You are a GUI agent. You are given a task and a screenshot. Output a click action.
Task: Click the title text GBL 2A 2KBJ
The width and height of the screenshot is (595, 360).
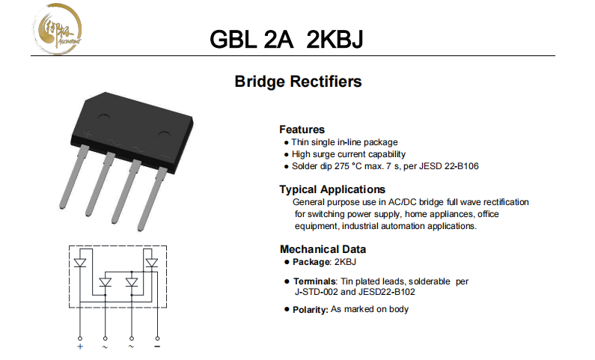tap(287, 40)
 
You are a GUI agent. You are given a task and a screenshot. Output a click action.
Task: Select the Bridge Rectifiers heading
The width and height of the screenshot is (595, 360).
tap(298, 82)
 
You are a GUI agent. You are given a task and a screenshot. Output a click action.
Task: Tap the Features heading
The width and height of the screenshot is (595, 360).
tap(302, 129)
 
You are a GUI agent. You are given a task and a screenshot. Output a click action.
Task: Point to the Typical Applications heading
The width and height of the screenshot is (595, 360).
tap(332, 189)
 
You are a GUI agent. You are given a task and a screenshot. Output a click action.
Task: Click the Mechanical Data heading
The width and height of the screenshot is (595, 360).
tap(323, 249)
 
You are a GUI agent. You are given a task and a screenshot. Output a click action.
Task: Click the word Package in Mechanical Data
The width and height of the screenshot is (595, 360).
tap(311, 262)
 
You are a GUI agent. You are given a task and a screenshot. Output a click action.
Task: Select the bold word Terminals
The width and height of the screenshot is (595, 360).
tap(315, 281)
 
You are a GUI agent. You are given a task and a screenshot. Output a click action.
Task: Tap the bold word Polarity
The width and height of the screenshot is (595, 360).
tap(310, 310)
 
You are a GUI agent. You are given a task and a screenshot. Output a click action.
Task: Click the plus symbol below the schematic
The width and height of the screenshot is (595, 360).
tap(79, 346)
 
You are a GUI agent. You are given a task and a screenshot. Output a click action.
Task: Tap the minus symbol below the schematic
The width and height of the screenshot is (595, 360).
tap(157, 346)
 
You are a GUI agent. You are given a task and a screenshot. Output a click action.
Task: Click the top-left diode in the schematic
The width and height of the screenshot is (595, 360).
tap(80, 262)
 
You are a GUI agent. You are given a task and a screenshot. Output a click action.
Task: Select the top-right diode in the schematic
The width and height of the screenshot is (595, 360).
tap(152, 262)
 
